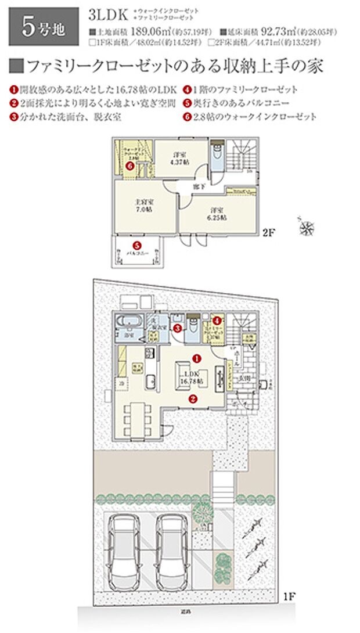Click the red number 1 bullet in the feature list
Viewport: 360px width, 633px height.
[13, 90]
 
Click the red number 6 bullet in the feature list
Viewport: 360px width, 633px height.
[188, 117]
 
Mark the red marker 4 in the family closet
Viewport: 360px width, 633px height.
[217, 320]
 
